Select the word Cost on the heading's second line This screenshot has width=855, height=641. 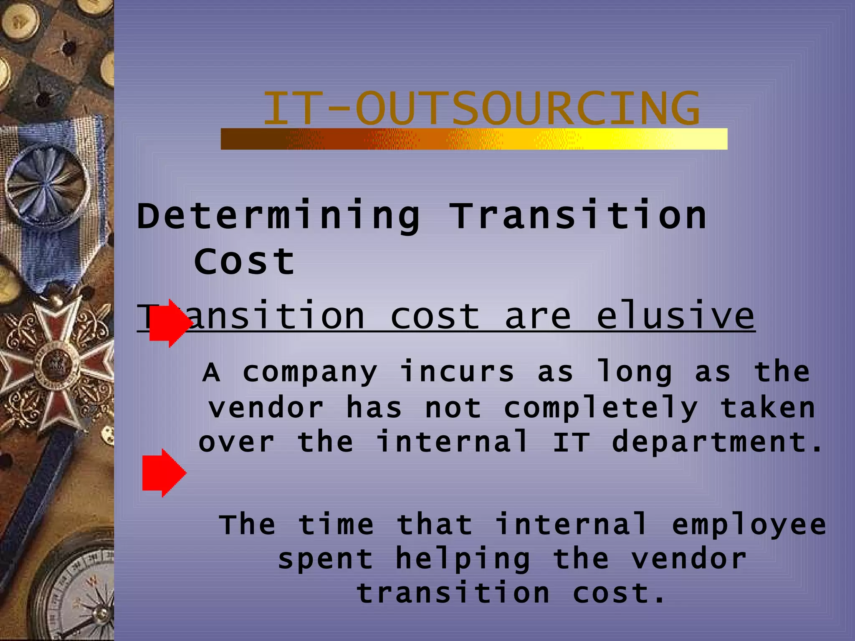245,262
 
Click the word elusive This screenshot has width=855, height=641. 675,316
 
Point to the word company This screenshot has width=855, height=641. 310,372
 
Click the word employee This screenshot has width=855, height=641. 749,525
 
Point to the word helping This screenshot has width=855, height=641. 463,559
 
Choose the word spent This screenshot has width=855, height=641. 325,559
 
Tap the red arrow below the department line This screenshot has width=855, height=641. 164,473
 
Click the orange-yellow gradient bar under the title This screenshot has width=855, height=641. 474,139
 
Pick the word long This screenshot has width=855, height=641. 635,372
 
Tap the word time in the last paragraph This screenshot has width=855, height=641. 336,525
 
